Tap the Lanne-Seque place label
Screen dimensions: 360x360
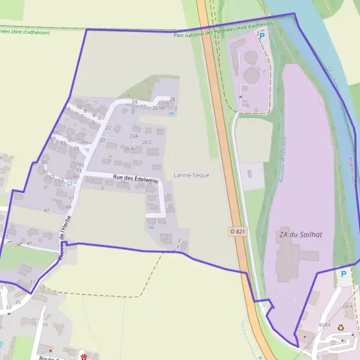(x=191, y=175)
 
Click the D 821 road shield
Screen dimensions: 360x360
(x=238, y=231)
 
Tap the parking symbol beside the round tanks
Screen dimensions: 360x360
(x=262, y=35)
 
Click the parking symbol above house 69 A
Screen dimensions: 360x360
(x=343, y=274)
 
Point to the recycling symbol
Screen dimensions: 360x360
(x=341, y=328)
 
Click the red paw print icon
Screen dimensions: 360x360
(x=83, y=356)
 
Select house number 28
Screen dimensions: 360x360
(x=172, y=99)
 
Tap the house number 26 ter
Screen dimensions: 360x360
(x=158, y=108)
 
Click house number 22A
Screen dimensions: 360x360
(x=132, y=136)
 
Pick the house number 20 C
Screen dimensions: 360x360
(x=147, y=142)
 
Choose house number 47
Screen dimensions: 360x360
(x=46, y=211)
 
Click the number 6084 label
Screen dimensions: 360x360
(x=325, y=325)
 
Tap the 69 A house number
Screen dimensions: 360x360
(x=347, y=307)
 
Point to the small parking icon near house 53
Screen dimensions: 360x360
(x=69, y=184)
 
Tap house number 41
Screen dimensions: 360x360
(x=29, y=243)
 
